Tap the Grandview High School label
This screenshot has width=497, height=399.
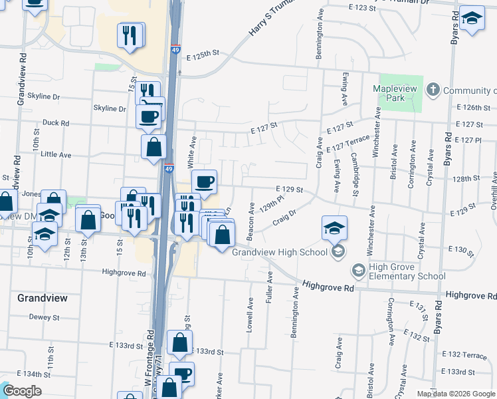280,252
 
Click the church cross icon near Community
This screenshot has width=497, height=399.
433,89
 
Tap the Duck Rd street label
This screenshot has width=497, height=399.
56,123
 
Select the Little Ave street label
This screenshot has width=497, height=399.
56,154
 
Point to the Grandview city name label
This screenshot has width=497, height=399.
42,298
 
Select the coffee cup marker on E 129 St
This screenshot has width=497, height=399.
204,181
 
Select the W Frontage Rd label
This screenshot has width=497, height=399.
149,362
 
